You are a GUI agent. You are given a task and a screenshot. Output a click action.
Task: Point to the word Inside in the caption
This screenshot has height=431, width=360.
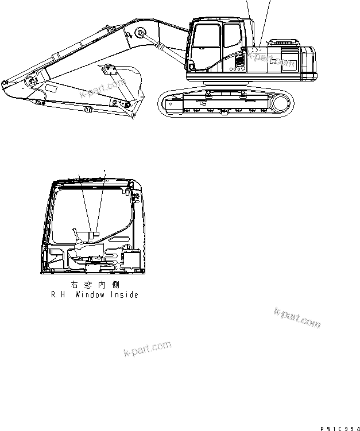tap(123, 295)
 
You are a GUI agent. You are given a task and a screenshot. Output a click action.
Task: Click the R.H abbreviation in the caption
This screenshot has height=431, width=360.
tap(57, 295)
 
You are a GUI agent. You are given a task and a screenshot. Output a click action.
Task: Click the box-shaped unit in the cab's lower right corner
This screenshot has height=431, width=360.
tap(133, 261)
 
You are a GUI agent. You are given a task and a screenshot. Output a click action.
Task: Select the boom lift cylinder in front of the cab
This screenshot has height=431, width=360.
tap(164, 46)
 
